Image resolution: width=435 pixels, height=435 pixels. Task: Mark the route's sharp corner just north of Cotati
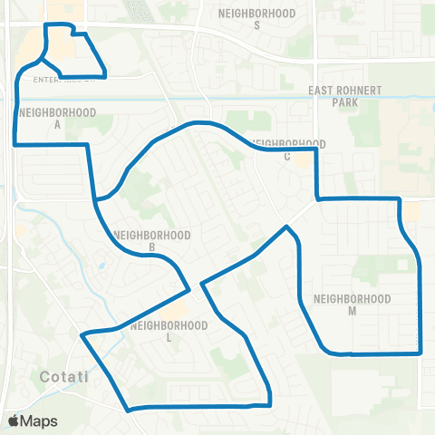pyautogui.click(x=82, y=335)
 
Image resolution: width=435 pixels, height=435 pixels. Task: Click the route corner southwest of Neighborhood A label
pyautogui.click(x=14, y=143)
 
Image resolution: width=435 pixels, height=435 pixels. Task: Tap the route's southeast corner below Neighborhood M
pyautogui.click(x=421, y=353)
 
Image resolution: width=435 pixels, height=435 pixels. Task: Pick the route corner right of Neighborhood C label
pyautogui.click(x=315, y=150)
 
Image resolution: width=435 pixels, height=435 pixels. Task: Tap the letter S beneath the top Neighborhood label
pyautogui.click(x=257, y=25)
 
